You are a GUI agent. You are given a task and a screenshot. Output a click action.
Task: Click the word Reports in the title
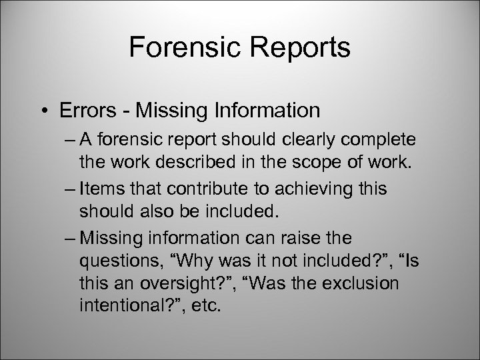(296, 48)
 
